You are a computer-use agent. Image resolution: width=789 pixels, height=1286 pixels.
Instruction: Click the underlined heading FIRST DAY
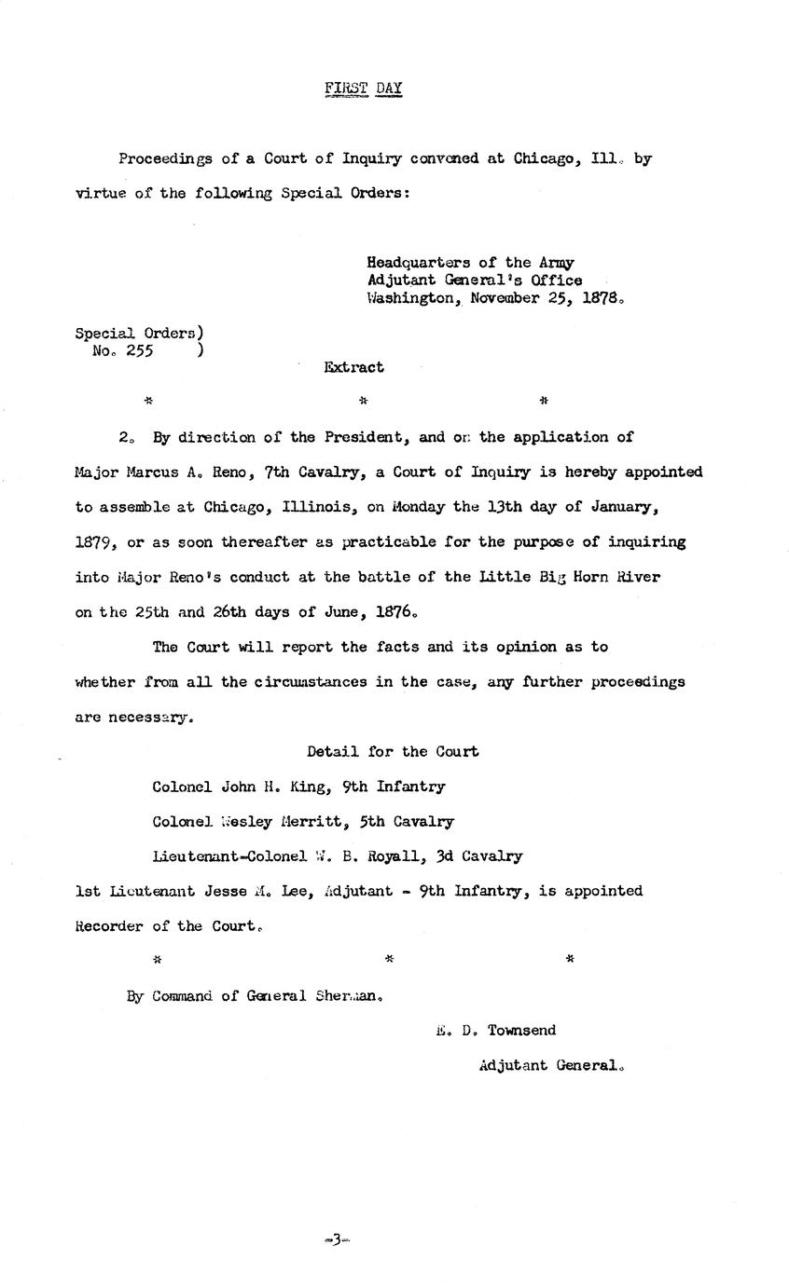coord(363,89)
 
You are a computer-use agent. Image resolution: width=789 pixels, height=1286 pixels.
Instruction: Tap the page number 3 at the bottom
coord(336,1239)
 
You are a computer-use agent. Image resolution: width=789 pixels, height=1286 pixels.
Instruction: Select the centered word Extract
coord(353,367)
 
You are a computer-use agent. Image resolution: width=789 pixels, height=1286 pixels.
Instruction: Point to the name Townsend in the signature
coord(521,1030)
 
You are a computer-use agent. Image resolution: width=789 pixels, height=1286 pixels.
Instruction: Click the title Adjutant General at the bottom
coord(549,1065)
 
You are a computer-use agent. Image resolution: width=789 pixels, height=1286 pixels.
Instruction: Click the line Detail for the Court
coord(393,751)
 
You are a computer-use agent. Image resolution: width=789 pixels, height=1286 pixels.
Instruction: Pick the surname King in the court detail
coord(308,787)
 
